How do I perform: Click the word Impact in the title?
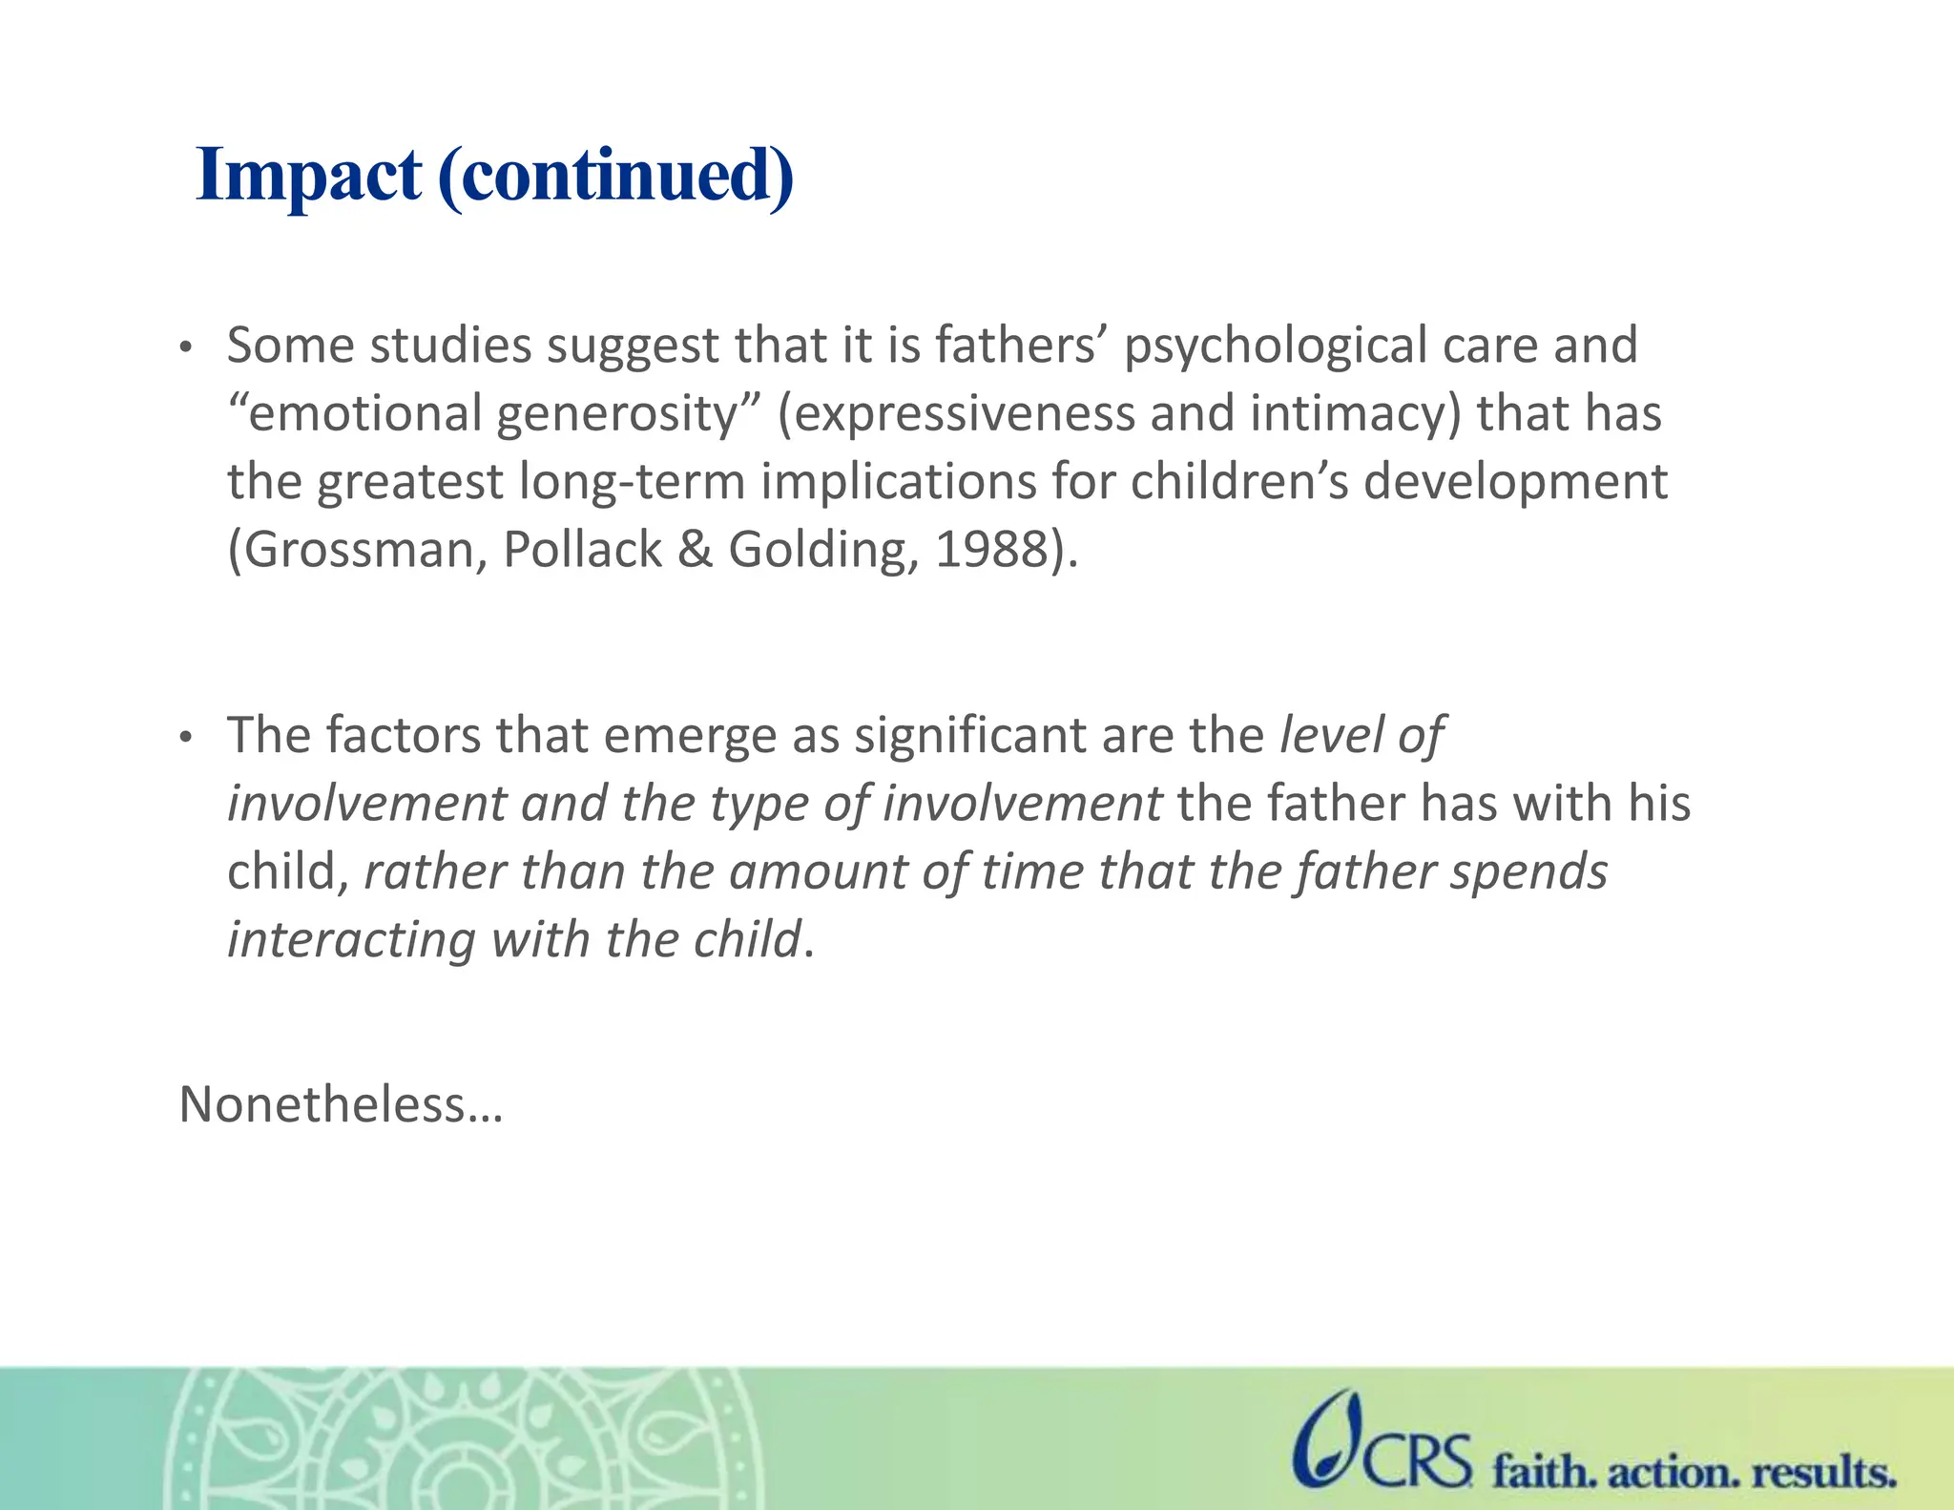[x=308, y=177]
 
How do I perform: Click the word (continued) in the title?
[x=615, y=177]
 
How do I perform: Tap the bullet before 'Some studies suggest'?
[x=187, y=348]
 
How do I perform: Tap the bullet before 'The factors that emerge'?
[x=187, y=738]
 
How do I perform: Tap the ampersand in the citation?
[x=695, y=551]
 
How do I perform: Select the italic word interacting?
[x=351, y=940]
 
